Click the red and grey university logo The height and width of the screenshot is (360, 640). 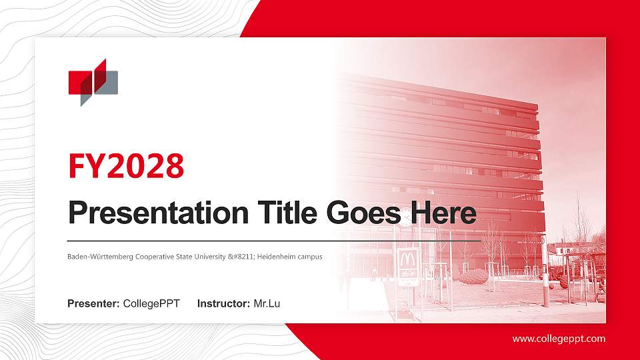tap(93, 82)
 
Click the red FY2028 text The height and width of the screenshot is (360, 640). tap(126, 165)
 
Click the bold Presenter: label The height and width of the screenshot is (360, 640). tap(93, 304)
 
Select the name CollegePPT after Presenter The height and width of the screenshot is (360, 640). tap(151, 304)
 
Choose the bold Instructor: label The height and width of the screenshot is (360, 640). tap(224, 304)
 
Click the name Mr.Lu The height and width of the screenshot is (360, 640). tap(267, 304)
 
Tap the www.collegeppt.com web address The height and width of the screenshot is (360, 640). tap(559, 339)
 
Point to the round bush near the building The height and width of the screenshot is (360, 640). tap(473, 276)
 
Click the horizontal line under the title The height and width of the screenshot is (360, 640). tap(273, 240)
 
